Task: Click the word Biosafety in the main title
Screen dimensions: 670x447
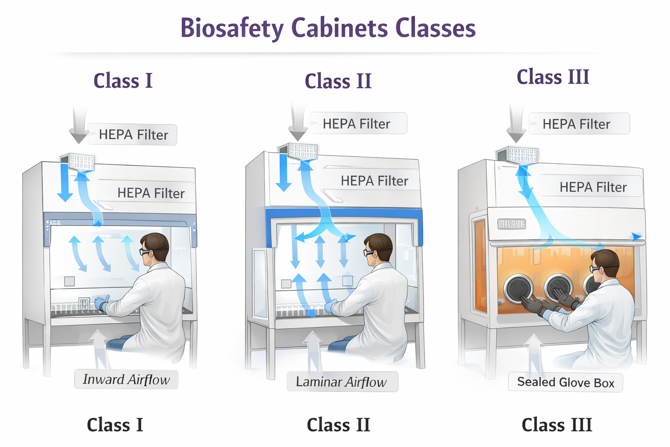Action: click(x=232, y=28)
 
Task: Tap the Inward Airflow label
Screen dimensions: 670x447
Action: click(x=126, y=380)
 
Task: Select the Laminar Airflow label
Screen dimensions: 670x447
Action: click(x=342, y=382)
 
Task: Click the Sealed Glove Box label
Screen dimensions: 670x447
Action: click(x=565, y=383)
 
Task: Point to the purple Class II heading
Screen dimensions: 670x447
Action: click(x=338, y=81)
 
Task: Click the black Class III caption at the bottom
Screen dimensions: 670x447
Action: click(x=557, y=425)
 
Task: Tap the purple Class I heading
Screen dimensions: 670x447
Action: click(x=123, y=80)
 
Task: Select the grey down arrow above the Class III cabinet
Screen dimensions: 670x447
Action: click(x=516, y=123)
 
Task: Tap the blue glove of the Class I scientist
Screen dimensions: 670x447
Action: click(x=102, y=303)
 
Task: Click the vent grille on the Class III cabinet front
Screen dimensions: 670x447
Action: click(x=512, y=224)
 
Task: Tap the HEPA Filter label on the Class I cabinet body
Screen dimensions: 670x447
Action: click(x=151, y=193)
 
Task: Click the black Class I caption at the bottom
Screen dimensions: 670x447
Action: click(x=115, y=425)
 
